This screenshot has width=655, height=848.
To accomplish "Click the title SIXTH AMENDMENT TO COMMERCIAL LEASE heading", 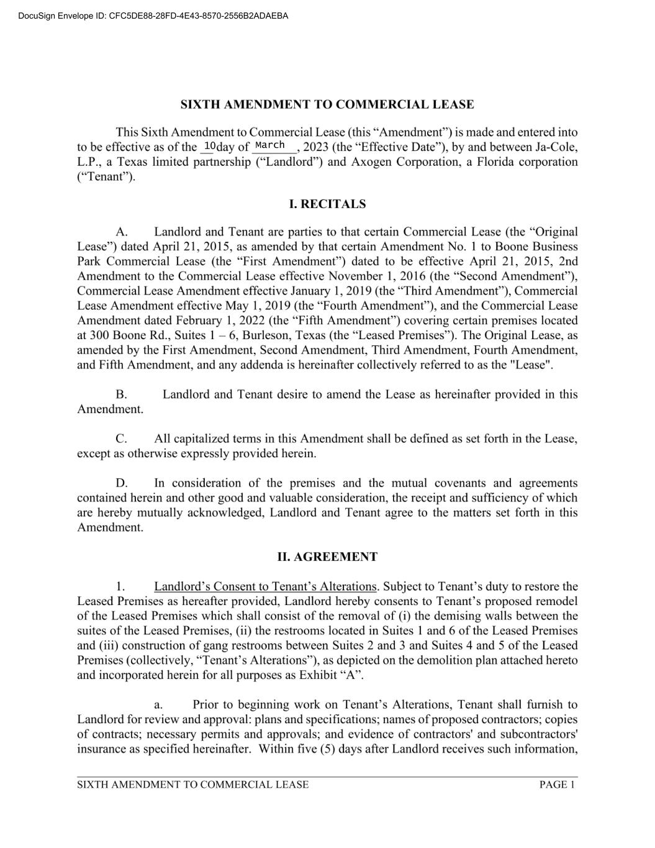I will coord(327,104).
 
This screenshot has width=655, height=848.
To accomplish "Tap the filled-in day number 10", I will coord(209,146).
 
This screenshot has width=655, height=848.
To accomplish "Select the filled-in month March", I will coord(270,145).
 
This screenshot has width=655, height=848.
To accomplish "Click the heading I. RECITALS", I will coord(327,204).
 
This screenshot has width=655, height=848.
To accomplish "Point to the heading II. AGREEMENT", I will coord(327,557).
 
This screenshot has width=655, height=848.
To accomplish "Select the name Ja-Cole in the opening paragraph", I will coord(556,147).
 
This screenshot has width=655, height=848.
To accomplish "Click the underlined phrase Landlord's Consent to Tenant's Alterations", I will coord(265,586).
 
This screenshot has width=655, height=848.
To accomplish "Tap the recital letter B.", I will coord(121,394).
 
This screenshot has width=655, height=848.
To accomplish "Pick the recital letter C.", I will coord(121,439).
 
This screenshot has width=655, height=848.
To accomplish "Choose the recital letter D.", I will coord(121,483).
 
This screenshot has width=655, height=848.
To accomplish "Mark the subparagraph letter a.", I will coord(158,705).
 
